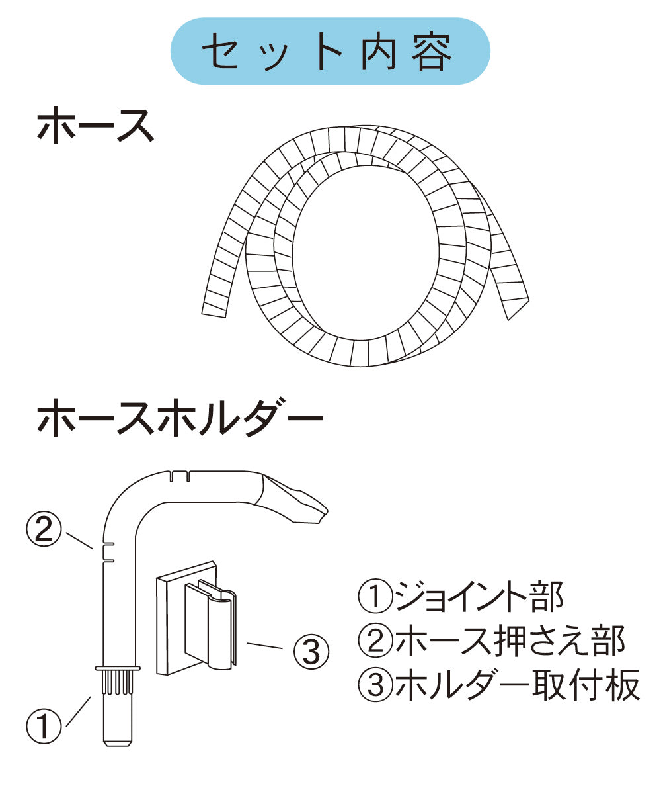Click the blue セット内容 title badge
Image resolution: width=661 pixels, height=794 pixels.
(x=330, y=52)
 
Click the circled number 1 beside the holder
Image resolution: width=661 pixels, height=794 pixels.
(x=44, y=727)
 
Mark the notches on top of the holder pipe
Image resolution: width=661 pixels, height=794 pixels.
(x=179, y=476)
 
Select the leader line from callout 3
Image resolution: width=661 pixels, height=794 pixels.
(x=268, y=644)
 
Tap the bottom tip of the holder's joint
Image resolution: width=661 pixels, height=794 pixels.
(x=118, y=743)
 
